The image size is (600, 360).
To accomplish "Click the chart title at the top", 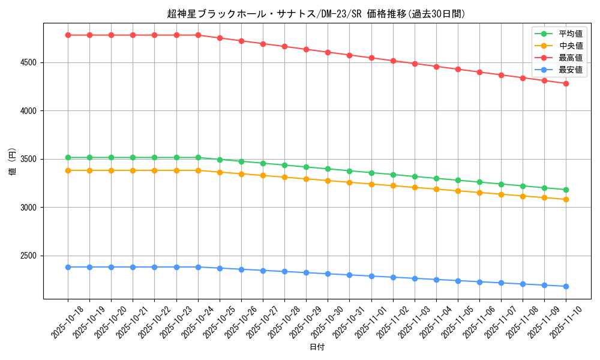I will click(x=316, y=14).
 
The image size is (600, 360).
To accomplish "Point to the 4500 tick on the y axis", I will click(x=29, y=62).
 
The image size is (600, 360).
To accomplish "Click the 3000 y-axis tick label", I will click(x=29, y=208).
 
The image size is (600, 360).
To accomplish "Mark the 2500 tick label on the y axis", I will click(x=29, y=256).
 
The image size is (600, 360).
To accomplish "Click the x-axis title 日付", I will click(x=317, y=347).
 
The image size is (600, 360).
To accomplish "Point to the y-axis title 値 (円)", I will click(x=12, y=162).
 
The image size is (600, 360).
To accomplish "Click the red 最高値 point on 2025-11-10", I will click(x=566, y=83).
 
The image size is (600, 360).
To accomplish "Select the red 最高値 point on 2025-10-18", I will click(x=68, y=35).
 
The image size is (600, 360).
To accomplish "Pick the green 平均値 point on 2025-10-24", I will click(x=198, y=157).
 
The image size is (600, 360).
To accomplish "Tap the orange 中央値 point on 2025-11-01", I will click(x=371, y=184).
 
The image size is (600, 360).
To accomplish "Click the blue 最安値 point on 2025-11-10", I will click(x=566, y=286).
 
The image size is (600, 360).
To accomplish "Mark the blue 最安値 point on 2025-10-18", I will click(x=68, y=267).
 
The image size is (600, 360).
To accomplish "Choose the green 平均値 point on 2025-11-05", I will click(x=458, y=180).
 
